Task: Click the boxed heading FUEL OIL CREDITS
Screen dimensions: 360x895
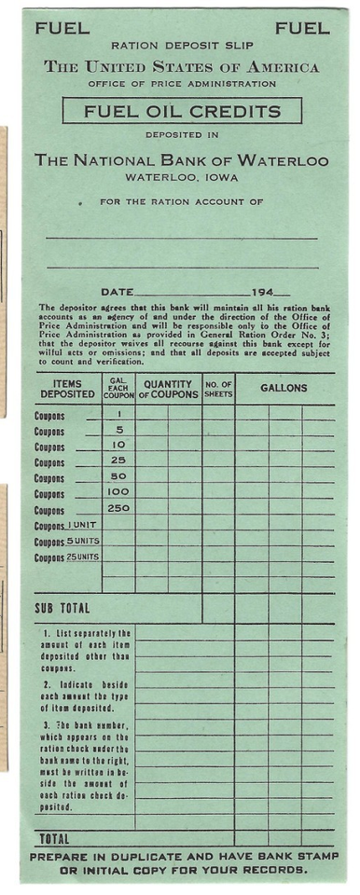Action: coord(182,112)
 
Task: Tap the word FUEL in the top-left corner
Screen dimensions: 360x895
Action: coord(62,29)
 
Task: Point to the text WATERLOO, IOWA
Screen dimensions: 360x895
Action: coord(181,177)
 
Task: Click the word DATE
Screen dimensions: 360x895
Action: coord(117,292)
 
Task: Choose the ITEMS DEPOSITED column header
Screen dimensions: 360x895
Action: coord(67,389)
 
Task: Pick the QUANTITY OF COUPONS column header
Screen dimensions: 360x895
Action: coord(169,389)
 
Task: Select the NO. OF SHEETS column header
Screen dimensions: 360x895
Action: coord(218,389)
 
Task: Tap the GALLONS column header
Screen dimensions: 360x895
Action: coord(284,386)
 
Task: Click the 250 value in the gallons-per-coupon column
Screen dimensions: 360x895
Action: coord(118,508)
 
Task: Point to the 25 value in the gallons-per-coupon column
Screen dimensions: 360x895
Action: coord(118,460)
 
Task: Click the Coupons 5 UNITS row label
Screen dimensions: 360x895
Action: coord(67,542)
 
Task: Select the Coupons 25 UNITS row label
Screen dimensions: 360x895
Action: coord(67,558)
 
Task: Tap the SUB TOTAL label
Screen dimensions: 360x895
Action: coord(62,609)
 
